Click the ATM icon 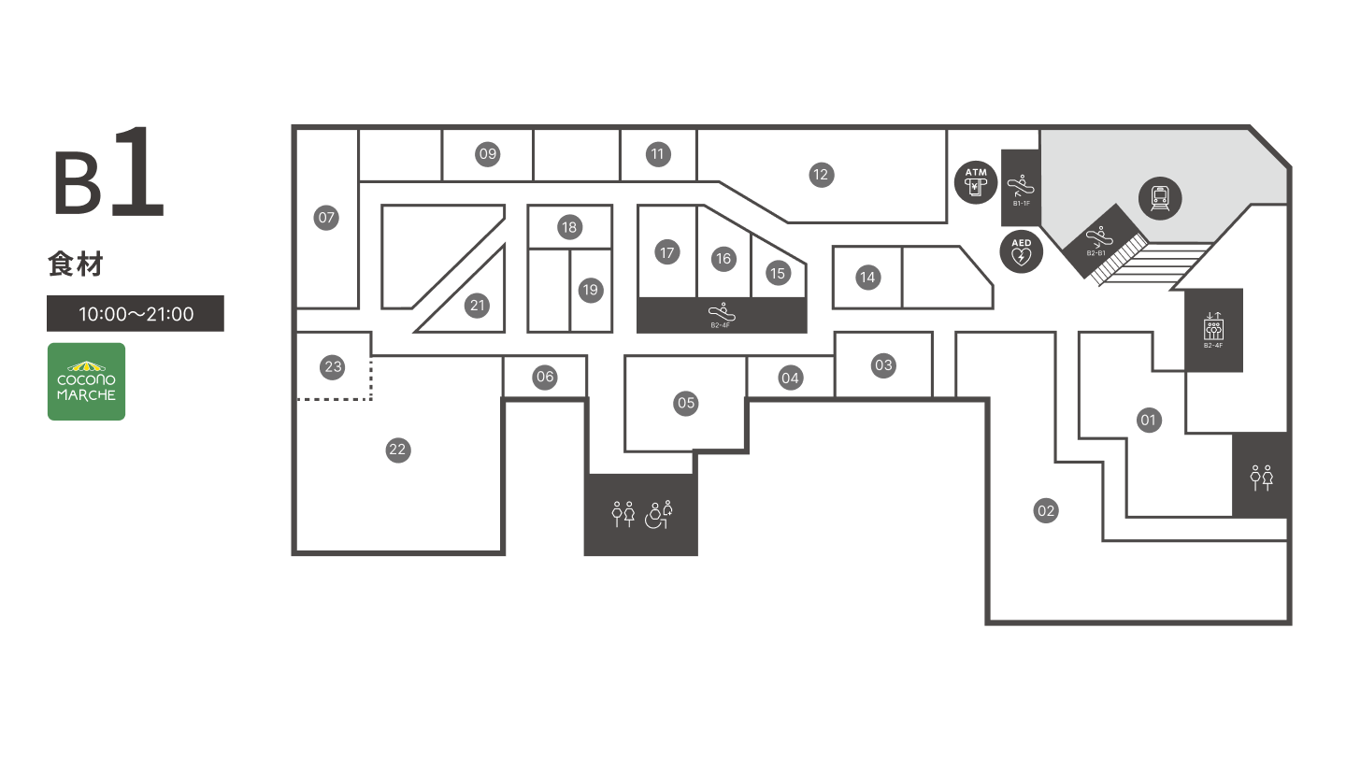click(x=976, y=182)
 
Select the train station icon click(x=1160, y=198)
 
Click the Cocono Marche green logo click(x=87, y=381)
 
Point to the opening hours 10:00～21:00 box click(x=136, y=314)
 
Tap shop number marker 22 click(x=398, y=450)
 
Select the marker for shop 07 click(x=326, y=218)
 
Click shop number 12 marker click(x=821, y=174)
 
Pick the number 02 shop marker click(x=1046, y=510)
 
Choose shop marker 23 click(x=333, y=366)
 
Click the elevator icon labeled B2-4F click(x=1213, y=330)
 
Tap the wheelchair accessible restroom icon click(x=660, y=514)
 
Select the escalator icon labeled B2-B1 click(x=1099, y=240)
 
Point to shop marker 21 click(x=478, y=305)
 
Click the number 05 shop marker click(x=686, y=403)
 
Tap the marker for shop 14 click(x=867, y=277)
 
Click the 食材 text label click(x=75, y=265)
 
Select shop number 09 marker click(x=488, y=154)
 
